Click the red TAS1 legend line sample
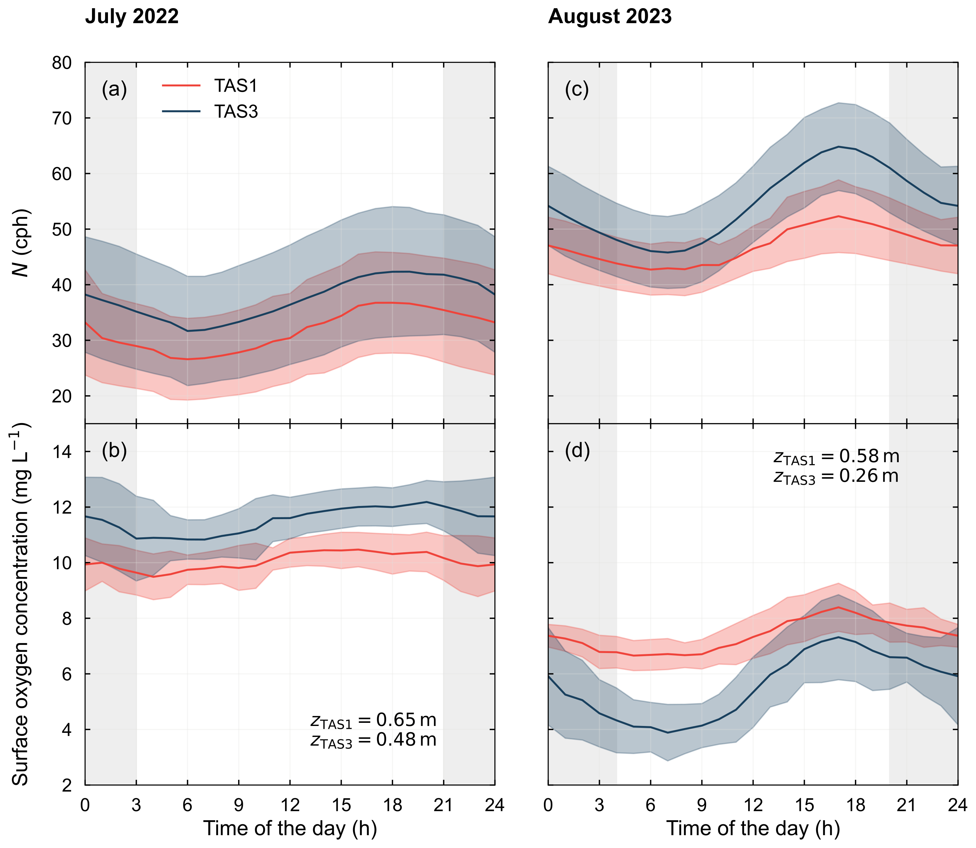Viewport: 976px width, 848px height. click(x=181, y=86)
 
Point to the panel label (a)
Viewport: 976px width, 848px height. click(x=114, y=89)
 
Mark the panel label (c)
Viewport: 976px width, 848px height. click(x=577, y=89)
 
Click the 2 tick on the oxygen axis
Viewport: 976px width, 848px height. click(x=67, y=786)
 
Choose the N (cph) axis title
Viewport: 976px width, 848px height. click(x=21, y=243)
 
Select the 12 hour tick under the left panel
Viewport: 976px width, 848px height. click(x=290, y=805)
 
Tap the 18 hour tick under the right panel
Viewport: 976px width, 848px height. click(x=855, y=805)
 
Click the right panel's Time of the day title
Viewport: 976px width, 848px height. click(x=753, y=829)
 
